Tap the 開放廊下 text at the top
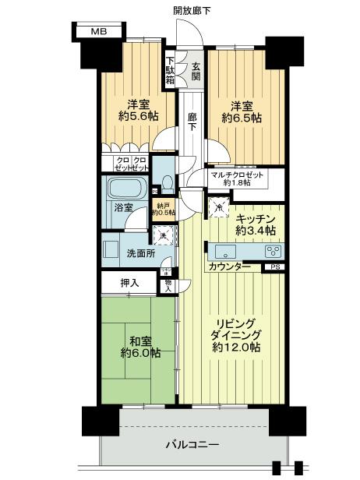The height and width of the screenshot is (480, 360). [x=192, y=9]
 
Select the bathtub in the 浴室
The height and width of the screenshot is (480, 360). [x=125, y=189]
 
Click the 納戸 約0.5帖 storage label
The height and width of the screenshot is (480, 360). [x=164, y=209]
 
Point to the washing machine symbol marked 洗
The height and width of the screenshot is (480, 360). [x=164, y=233]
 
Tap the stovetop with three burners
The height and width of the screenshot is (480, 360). [x=274, y=251]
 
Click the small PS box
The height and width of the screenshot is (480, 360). [x=274, y=267]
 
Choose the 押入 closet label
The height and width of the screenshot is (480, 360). [x=129, y=283]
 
